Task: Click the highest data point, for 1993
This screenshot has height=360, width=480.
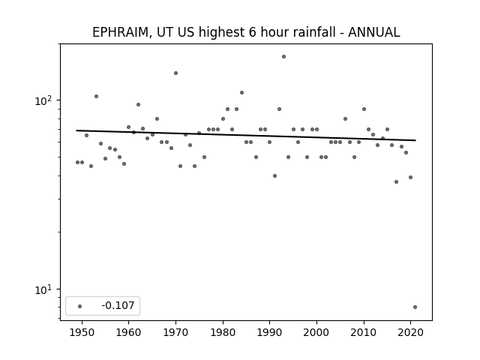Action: (283, 57)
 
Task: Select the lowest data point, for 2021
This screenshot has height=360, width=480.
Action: (415, 307)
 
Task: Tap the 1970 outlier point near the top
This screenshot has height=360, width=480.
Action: (175, 73)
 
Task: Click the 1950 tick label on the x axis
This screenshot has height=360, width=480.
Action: (82, 332)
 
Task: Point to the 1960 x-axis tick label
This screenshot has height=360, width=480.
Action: (128, 332)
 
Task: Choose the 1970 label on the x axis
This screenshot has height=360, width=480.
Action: (175, 332)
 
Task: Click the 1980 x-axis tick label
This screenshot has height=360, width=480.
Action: (223, 332)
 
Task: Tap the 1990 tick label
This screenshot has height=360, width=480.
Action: (270, 332)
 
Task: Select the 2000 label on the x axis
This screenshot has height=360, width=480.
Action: (316, 332)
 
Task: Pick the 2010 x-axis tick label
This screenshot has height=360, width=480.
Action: (364, 332)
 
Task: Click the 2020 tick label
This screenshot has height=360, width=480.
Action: (411, 332)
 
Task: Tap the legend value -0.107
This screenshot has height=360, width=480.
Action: (118, 305)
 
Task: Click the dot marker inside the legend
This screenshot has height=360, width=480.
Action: (80, 306)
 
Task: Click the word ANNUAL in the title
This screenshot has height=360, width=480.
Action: (374, 32)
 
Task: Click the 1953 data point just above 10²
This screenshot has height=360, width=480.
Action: (97, 97)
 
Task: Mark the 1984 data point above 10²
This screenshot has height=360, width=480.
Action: (241, 93)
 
